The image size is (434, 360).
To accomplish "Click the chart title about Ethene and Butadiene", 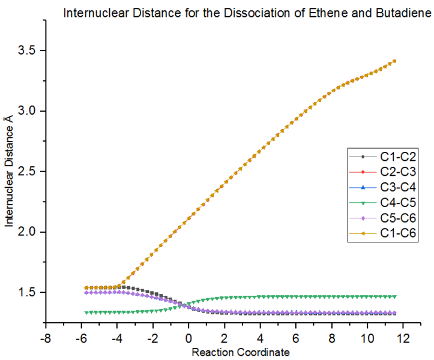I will click(x=247, y=13).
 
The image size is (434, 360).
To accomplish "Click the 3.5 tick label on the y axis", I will click(x=28, y=50).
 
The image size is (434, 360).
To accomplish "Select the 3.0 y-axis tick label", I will click(x=28, y=111).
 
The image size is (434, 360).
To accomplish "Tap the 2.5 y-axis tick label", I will click(x=28, y=172).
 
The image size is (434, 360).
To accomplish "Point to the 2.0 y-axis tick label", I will click(x=28, y=232).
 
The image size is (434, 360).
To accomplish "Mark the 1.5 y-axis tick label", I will click(x=28, y=293).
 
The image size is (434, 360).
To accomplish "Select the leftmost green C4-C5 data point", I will click(x=86, y=312).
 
